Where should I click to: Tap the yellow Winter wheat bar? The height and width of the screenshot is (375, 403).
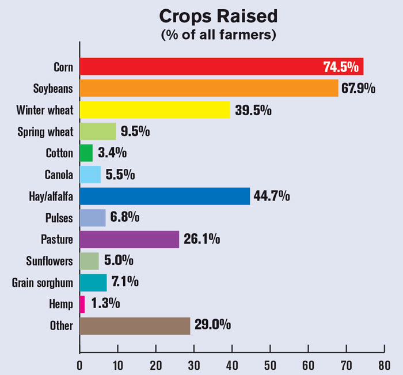154,109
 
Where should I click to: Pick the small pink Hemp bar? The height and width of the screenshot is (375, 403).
82,304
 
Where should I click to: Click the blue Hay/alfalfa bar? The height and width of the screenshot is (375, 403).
165,196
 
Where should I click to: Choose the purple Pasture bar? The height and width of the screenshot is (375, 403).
129,239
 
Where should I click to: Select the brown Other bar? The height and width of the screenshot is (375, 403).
135,325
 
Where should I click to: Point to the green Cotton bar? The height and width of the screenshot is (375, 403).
86,153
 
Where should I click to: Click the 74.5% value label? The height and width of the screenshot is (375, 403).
341,67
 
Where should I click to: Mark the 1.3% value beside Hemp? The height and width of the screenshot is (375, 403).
104,304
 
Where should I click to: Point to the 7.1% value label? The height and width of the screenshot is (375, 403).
125,282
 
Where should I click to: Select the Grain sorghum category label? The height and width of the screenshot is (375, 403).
43,283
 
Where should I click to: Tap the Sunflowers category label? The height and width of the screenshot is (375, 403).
49,261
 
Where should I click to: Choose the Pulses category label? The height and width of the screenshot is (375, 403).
59,218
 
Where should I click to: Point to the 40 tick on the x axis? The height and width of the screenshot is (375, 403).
232,365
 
